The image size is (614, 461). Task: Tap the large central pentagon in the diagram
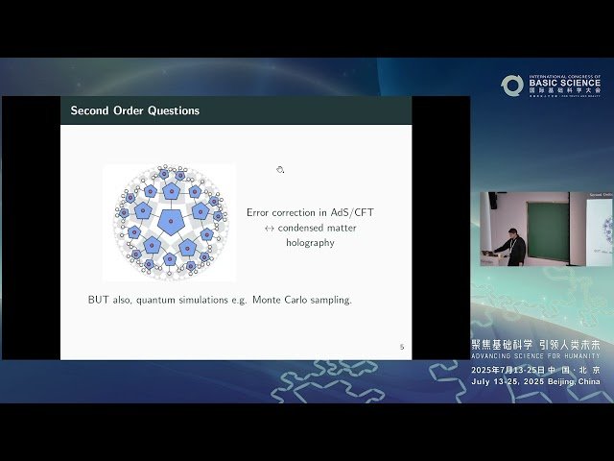pos(170,223)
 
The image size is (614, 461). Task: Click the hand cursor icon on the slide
pos(280,170)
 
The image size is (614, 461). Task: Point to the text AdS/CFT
pos(331,212)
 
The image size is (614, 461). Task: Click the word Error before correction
pos(260,212)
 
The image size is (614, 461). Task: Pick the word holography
pos(310,243)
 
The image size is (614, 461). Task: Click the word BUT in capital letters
pos(99,300)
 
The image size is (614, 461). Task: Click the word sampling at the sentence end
pos(332,300)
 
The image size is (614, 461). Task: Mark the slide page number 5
pos(402,347)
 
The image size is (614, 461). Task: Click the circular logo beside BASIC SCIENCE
pos(512,85)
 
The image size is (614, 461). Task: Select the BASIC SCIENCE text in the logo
pos(564,83)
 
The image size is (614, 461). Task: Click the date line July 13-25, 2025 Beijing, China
pos(535,380)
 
